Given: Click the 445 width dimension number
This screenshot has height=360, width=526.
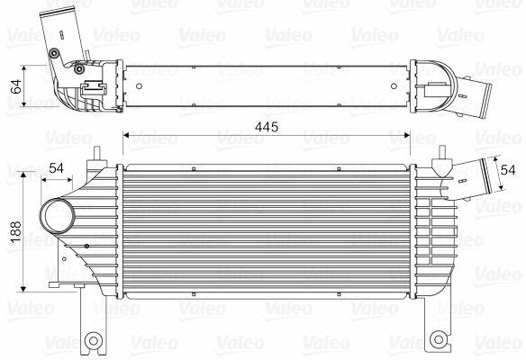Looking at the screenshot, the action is [267, 127].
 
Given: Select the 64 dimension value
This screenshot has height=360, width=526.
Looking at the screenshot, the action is [16, 86].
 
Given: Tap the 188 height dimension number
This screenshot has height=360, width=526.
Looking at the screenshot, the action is [16, 232].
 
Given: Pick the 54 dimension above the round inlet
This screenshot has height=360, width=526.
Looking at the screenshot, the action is [56, 168].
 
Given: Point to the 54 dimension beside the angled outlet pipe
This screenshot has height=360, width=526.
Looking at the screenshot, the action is [508, 170].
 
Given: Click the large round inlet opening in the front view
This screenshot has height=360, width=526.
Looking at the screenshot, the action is [58, 217].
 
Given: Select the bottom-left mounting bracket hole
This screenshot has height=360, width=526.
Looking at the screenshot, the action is [94, 341].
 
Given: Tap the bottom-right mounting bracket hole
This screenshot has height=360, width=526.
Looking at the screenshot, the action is [439, 339].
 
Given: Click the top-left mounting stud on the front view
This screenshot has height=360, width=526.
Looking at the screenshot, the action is [97, 154].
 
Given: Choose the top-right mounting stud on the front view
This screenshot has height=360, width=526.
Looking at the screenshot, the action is [442, 152].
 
